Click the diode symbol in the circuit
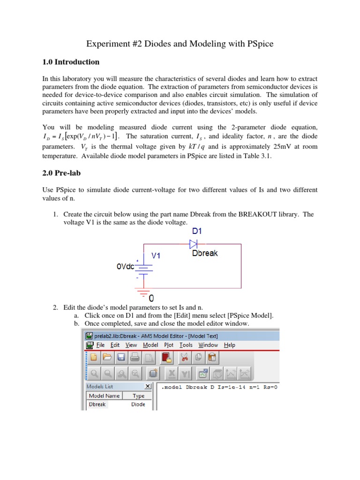(194, 244)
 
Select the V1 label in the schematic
(156, 256)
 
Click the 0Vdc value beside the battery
(125, 266)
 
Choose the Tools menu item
(186, 345)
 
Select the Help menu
(229, 345)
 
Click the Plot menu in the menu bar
(168, 345)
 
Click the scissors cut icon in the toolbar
(184, 358)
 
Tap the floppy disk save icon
(121, 358)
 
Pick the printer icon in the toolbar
(135, 358)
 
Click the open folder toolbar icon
(107, 358)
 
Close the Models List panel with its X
(148, 386)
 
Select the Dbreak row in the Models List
(97, 405)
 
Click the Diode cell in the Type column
(138, 405)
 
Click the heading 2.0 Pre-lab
(61, 173)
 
